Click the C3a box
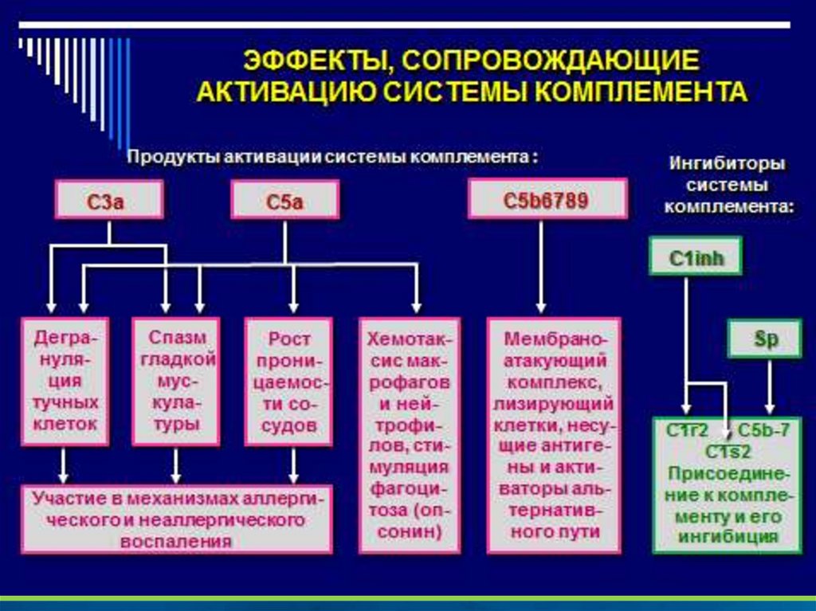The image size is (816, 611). (109, 199)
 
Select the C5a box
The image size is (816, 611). (284, 199)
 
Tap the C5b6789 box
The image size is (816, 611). (546, 199)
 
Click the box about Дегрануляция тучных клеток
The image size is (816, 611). (65, 381)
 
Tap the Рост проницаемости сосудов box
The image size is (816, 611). (288, 381)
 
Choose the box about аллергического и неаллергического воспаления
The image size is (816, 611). (176, 519)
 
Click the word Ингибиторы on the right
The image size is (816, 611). (726, 163)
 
